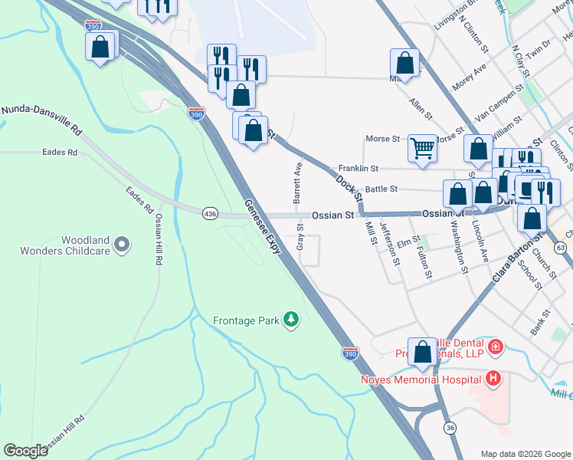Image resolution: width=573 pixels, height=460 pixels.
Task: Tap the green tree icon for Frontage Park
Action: (x=290, y=318)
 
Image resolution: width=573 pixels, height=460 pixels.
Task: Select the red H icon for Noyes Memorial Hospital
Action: (x=493, y=378)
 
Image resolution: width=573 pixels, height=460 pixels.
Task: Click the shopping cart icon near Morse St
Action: (x=422, y=147)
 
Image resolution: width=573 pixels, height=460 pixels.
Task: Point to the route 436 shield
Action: (x=209, y=213)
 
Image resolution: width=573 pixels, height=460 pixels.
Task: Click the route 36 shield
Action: (x=450, y=428)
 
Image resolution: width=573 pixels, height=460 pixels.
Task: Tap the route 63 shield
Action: (x=561, y=248)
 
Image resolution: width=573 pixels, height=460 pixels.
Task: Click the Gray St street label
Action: (x=301, y=235)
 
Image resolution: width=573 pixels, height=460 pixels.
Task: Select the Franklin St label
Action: (x=359, y=168)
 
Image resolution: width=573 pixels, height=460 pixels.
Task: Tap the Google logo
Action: (x=26, y=451)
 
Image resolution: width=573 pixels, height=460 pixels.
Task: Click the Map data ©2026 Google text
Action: (x=525, y=454)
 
